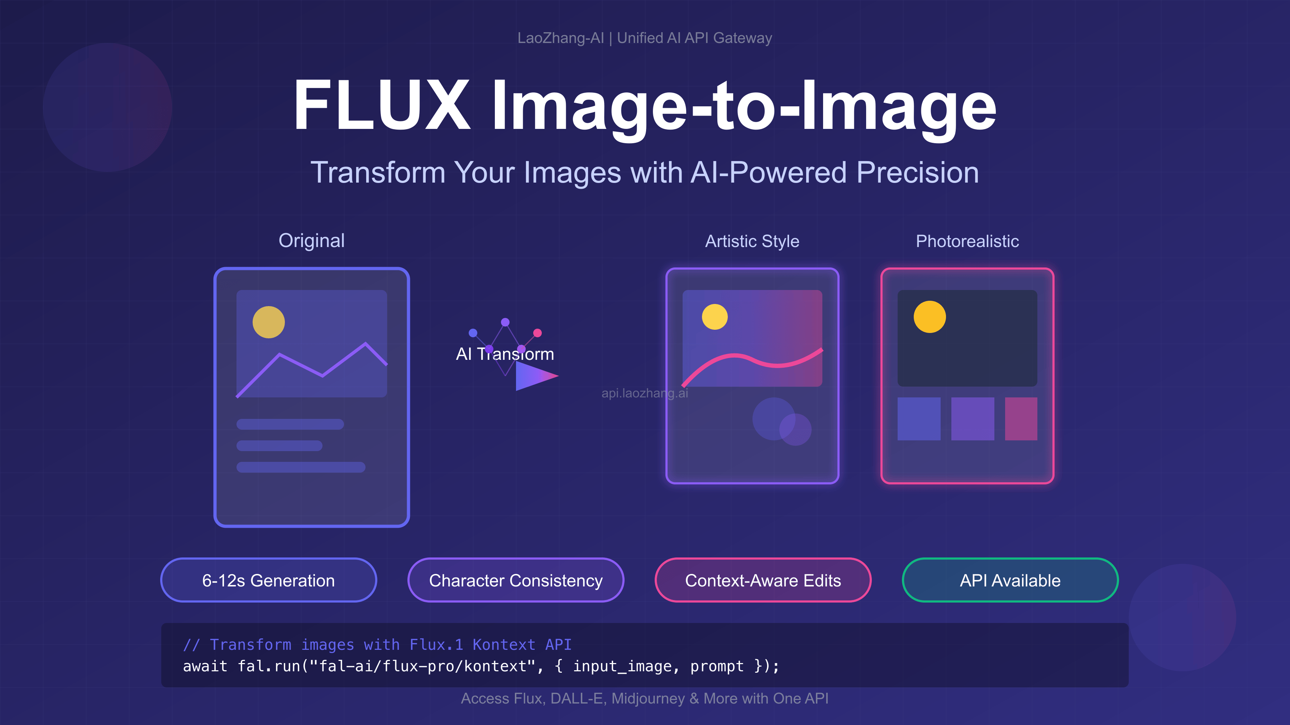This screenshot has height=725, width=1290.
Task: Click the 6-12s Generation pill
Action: pos(268,580)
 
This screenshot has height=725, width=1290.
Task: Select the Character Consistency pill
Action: pos(516,580)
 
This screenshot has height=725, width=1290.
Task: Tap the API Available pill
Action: pos(1010,580)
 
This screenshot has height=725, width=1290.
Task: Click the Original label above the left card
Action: pos(311,241)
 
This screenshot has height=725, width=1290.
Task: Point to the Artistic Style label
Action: pos(752,241)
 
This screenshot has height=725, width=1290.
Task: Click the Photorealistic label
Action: pos(967,241)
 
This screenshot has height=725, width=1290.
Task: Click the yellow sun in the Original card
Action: pos(268,322)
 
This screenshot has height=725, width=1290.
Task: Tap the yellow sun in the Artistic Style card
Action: pos(715,317)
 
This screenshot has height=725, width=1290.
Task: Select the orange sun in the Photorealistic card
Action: pos(930,317)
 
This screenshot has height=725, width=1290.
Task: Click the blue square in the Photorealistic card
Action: pos(919,419)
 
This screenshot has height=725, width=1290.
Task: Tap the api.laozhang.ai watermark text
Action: pos(645,393)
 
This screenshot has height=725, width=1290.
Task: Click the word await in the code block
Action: pos(205,666)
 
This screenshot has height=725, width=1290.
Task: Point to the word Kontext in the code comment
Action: pos(504,644)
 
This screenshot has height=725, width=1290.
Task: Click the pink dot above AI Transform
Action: pos(537,333)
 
